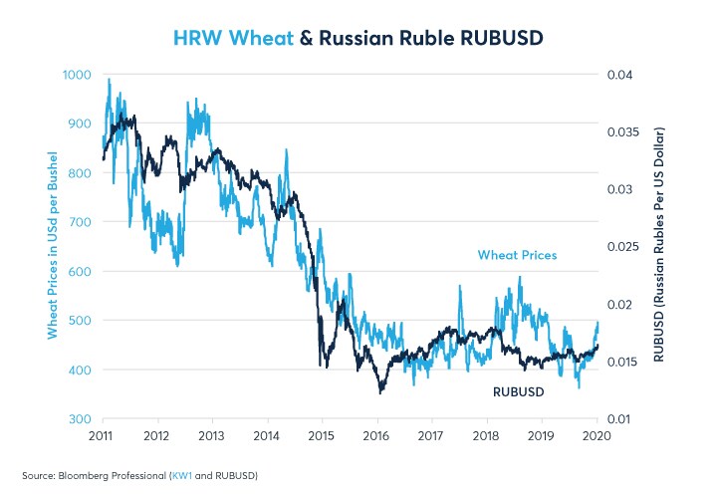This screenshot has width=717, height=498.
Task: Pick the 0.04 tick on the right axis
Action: pos(617,75)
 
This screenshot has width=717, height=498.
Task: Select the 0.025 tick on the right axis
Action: pos(620,247)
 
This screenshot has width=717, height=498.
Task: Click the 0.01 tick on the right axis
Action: pos(617,419)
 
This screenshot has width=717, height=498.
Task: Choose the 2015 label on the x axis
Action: pos(322,436)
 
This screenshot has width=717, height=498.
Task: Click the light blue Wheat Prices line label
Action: pos(518,255)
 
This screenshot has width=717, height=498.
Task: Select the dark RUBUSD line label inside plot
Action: pos(520,391)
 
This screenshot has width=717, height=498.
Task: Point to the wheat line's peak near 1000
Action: pos(109,80)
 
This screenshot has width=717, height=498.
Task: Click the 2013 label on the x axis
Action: pos(211,436)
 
